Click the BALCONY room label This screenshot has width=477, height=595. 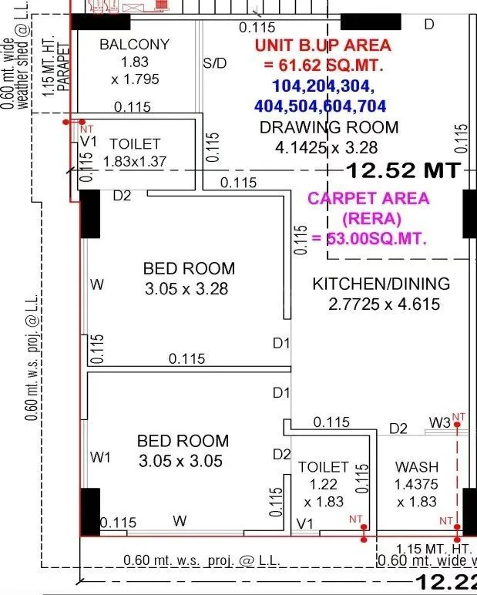coord(134,45)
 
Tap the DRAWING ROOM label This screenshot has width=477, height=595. coord(329,127)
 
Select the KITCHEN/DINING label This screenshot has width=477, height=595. coord(381,284)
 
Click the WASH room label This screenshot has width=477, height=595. coord(416,467)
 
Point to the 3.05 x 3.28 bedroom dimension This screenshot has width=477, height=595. coord(189,289)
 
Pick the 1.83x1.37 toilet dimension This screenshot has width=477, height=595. coord(135,161)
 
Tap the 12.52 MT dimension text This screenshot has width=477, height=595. coord(403,169)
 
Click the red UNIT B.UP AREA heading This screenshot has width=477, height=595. coord(323,45)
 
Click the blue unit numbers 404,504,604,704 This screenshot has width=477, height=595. coord(321,106)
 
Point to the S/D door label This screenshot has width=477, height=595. coord(215,64)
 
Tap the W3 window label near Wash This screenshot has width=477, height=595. coord(440,423)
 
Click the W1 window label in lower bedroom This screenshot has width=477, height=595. coord(101,458)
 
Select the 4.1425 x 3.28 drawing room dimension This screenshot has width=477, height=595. coord(329,146)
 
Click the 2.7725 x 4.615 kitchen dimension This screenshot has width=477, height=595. coord(384,304)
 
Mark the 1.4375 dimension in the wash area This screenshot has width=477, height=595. coord(416,485)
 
